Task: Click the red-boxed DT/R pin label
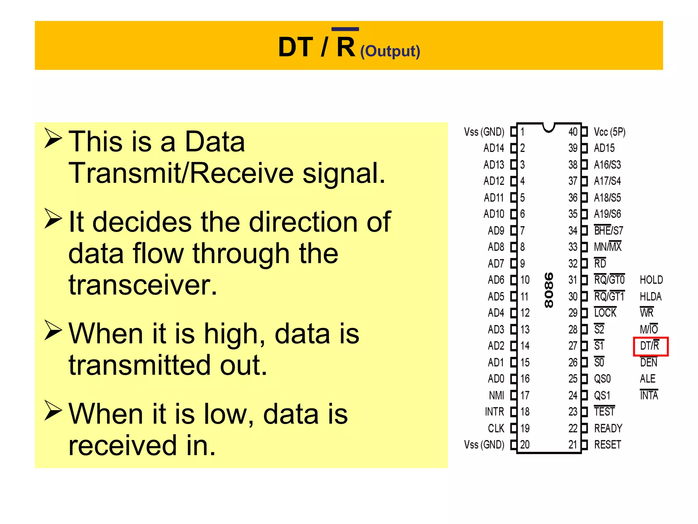(650, 346)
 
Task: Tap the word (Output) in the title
(390, 52)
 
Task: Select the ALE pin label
(648, 379)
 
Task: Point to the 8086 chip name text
(549, 290)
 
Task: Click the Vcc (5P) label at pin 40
(609, 132)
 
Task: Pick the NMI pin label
(496, 395)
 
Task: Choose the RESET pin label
(607, 445)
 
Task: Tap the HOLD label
(651, 280)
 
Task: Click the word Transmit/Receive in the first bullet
(181, 173)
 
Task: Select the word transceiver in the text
(143, 285)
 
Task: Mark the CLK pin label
(496, 428)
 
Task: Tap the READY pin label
(608, 428)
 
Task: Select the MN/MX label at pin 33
(607, 247)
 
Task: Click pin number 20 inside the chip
(525, 445)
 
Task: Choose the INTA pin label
(649, 395)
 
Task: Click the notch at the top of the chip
(549, 127)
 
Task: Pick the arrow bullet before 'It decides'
(53, 219)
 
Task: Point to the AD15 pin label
(604, 148)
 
